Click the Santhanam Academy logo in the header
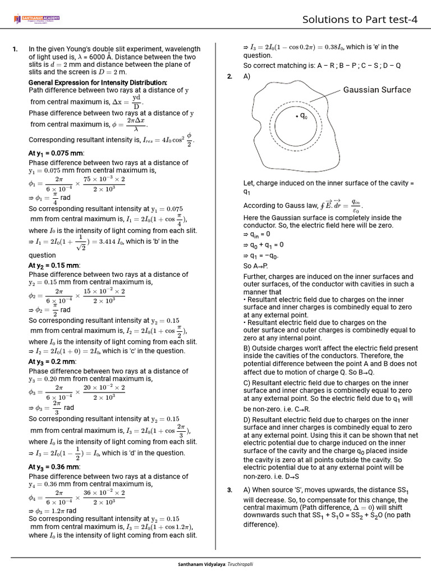(x=36, y=20)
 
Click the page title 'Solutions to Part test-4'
(x=360, y=20)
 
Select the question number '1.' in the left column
(x=15, y=49)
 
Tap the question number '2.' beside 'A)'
(x=230, y=76)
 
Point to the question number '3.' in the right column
(x=230, y=490)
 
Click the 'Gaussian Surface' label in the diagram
(x=377, y=90)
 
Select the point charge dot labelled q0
(x=296, y=116)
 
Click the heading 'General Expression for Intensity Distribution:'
(x=98, y=83)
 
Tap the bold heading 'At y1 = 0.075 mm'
(x=56, y=153)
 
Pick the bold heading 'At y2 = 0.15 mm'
(x=54, y=265)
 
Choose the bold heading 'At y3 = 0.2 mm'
(x=52, y=362)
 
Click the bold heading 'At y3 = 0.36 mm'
(x=54, y=467)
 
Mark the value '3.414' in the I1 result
(x=112, y=242)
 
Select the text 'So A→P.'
(x=255, y=266)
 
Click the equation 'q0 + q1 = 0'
(x=267, y=245)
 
